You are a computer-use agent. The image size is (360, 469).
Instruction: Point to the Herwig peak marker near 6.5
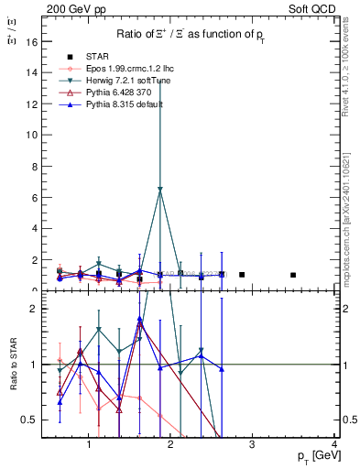160,190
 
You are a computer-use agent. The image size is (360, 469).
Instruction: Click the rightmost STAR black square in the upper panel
293,275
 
